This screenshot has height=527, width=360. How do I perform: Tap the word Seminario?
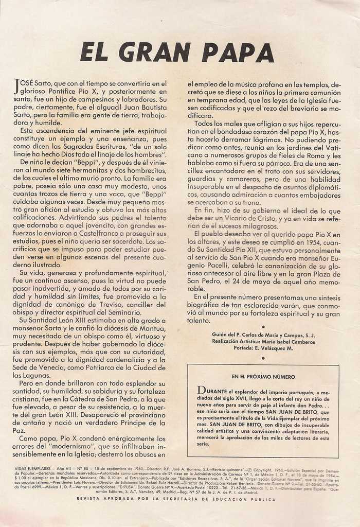coord(122,312)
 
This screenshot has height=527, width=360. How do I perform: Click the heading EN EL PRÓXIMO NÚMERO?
coord(263,377)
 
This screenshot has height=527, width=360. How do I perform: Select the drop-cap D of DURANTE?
coord(201,390)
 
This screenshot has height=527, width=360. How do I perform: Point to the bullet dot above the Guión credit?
coord(263,326)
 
